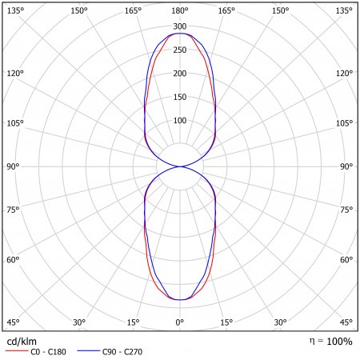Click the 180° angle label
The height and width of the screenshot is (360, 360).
click(180, 11)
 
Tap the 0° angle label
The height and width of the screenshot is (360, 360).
click(180, 322)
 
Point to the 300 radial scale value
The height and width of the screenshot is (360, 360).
click(180, 26)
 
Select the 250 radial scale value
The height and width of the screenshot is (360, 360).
click(180, 50)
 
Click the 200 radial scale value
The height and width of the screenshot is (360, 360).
click(180, 74)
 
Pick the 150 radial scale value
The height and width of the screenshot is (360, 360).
click(180, 97)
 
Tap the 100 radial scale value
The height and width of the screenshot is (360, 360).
click(180, 120)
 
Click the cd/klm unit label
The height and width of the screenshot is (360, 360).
click(22, 342)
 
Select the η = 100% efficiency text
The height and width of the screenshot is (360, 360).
click(330, 342)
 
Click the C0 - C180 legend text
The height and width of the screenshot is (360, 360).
click(48, 352)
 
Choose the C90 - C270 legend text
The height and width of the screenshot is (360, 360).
click(122, 352)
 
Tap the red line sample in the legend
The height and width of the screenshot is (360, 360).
click(17, 351)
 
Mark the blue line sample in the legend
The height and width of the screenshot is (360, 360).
click(89, 351)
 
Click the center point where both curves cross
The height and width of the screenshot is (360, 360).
click(180, 166)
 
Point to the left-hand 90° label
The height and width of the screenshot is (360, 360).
click(13, 166)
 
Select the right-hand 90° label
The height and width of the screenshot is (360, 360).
click(346, 166)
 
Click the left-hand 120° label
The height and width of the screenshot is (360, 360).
click(15, 73)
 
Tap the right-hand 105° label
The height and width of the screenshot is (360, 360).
click(344, 123)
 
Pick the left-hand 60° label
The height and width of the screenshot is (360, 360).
click(13, 259)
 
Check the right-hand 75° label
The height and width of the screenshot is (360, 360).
click(346, 210)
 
